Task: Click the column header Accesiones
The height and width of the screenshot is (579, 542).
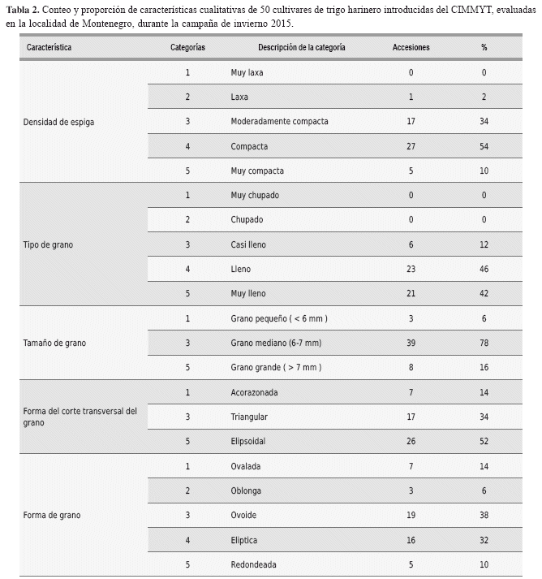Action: click(411, 48)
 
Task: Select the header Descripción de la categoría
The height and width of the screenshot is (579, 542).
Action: click(301, 48)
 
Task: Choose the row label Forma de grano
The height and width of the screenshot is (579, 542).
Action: click(53, 515)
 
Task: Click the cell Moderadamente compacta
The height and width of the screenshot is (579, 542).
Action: click(279, 122)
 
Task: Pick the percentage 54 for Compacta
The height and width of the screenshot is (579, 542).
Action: click(484, 147)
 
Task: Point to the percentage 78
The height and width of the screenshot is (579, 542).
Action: click(484, 344)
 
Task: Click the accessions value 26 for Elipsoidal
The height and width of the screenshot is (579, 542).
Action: click(411, 442)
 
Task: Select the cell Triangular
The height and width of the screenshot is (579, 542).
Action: click(249, 417)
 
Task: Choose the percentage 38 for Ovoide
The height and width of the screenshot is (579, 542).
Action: click(484, 516)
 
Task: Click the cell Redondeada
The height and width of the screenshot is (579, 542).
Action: click(254, 564)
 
